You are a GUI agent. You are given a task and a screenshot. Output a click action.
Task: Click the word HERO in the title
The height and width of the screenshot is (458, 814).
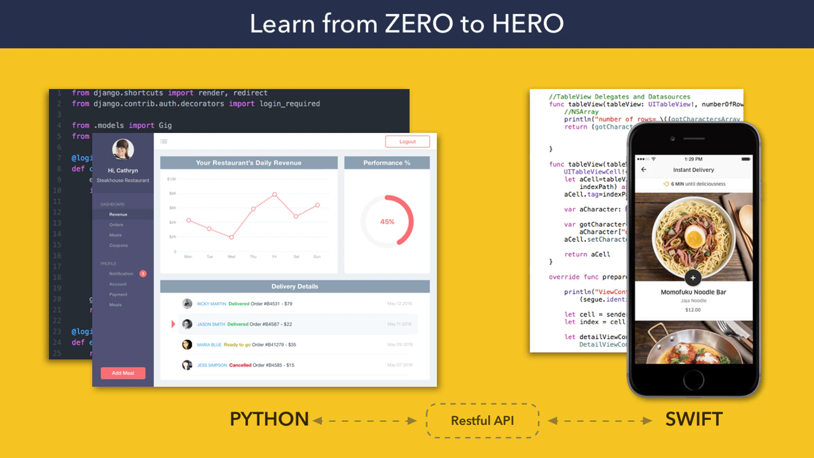(527, 24)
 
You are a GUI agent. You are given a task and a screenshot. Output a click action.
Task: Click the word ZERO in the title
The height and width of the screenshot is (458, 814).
(419, 24)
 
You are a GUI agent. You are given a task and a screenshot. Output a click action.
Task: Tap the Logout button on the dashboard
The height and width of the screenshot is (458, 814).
(407, 142)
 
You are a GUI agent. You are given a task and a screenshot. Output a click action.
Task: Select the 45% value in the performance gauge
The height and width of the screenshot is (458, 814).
(387, 222)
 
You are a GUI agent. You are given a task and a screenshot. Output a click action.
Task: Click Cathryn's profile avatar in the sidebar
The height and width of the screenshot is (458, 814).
(123, 149)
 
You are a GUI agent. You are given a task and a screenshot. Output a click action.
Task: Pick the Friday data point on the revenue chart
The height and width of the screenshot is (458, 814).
(275, 195)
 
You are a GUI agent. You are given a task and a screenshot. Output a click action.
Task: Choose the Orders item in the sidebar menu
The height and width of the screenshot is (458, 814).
(116, 225)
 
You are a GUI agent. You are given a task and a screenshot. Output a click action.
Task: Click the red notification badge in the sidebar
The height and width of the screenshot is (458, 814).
(143, 274)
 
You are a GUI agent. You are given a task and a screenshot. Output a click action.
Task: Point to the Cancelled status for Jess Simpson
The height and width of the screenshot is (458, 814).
(240, 365)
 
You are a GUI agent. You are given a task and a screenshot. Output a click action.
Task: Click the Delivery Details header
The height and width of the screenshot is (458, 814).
(295, 286)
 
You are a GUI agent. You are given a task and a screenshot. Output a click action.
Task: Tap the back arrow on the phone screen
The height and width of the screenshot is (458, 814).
(644, 170)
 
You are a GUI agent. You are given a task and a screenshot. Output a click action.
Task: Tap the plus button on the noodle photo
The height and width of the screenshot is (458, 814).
(693, 278)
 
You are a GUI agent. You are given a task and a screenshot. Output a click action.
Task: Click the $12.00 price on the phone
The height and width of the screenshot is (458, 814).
(693, 310)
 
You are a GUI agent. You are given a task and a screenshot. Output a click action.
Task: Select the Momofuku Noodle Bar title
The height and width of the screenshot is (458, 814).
(693, 292)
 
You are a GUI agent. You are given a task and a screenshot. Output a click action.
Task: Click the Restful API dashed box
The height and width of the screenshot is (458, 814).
(482, 420)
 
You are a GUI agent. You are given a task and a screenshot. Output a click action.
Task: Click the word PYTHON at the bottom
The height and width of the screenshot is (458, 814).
(269, 419)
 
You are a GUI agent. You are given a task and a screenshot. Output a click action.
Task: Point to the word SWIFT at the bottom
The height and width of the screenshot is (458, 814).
(694, 419)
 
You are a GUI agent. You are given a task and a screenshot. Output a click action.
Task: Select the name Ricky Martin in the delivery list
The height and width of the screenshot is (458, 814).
(211, 304)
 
